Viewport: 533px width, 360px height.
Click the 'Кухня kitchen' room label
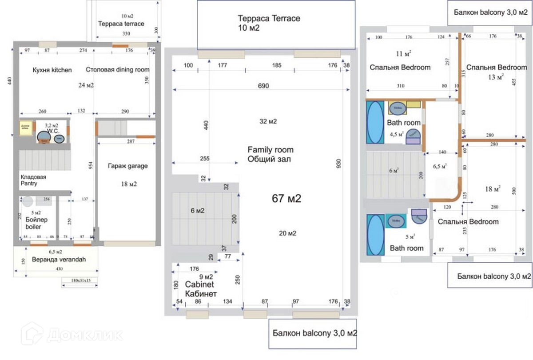tap(52, 70)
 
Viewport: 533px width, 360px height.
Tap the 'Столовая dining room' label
tap(117, 70)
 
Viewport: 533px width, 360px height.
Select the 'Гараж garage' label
tap(128, 166)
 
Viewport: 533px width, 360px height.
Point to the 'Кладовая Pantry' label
tap(33, 180)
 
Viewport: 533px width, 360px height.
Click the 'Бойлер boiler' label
tap(33, 223)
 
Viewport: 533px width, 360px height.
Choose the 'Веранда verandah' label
tap(59, 260)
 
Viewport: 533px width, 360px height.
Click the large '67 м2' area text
tap(286, 199)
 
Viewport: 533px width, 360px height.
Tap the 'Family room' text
tap(270, 150)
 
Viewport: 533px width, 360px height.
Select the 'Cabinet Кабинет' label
tap(200, 289)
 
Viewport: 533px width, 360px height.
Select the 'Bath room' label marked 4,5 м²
tap(403, 123)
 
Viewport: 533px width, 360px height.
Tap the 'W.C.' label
tap(54, 131)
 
